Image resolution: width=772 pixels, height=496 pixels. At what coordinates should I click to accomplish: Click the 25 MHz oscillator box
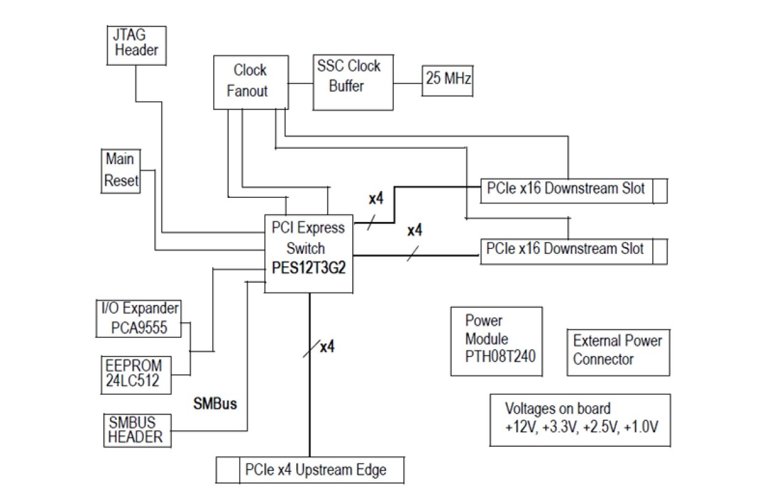(x=447, y=79)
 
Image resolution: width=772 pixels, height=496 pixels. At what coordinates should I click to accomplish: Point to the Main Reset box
(x=120, y=170)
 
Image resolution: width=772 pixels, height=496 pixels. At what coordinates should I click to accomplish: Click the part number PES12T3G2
(x=309, y=269)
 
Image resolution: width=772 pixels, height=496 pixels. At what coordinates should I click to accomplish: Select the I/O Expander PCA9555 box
(x=140, y=317)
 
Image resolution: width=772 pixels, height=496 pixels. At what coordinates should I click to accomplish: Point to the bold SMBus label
(x=215, y=404)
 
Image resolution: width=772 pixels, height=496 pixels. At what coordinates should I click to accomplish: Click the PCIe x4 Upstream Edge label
(x=315, y=470)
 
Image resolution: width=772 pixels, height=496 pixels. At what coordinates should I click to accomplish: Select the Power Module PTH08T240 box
(x=496, y=341)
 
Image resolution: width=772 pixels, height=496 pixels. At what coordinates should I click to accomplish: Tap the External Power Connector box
(x=618, y=350)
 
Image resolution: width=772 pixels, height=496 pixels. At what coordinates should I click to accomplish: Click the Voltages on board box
(x=580, y=418)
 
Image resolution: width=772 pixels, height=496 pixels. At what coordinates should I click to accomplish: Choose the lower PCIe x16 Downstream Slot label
(x=564, y=249)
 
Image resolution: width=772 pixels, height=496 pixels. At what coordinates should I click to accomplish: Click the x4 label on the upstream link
(x=327, y=347)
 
